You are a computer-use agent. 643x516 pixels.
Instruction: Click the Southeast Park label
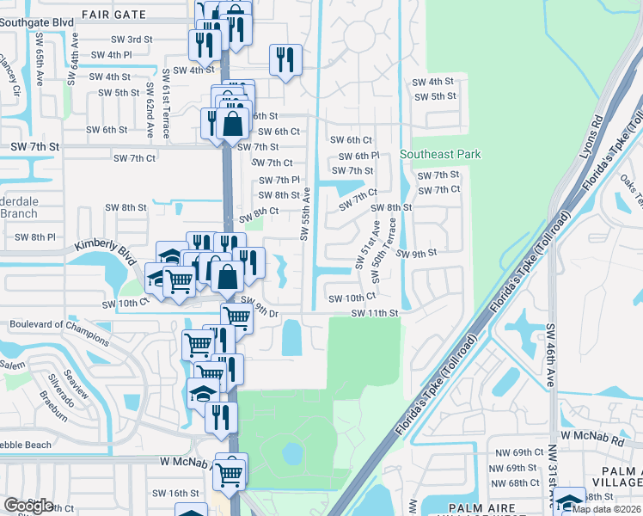tap(440, 155)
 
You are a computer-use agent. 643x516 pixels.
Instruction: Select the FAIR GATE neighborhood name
tap(113, 15)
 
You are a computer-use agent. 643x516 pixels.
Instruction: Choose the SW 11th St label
tap(375, 314)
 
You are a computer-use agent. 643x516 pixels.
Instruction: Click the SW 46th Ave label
tap(550, 345)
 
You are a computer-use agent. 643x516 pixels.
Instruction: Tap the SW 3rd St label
tap(132, 40)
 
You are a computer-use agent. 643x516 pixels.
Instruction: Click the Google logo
tap(28, 505)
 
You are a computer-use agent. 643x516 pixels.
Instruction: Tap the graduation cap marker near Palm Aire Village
tap(569, 500)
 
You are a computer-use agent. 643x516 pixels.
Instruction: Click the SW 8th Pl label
tap(35, 236)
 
